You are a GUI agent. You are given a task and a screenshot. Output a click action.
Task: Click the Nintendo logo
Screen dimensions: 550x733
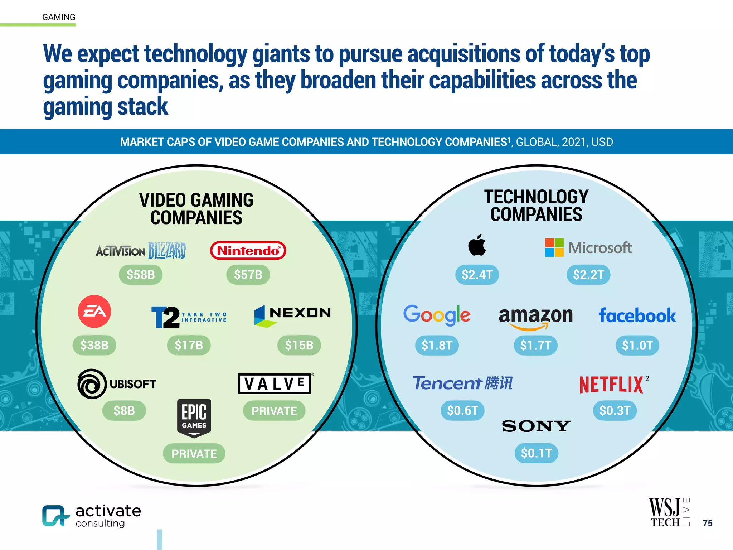coord(248,250)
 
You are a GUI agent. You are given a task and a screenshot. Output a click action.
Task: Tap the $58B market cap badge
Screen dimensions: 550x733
coord(141,275)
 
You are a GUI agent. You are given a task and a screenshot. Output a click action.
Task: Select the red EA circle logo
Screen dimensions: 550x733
coord(94,312)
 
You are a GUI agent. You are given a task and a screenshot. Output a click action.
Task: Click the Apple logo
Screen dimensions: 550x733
coord(477,245)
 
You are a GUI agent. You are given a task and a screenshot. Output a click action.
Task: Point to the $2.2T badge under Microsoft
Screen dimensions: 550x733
coord(588,275)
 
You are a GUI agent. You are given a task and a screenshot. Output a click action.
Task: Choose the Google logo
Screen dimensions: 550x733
coord(437,315)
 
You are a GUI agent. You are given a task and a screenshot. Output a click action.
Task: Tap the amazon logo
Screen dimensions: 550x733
coord(536,317)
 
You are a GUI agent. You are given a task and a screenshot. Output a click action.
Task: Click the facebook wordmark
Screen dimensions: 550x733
coord(637,316)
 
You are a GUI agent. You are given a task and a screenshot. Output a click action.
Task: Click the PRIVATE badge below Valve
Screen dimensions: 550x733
coord(274,411)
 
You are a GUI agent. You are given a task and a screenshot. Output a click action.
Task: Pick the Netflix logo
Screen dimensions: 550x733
coord(612,385)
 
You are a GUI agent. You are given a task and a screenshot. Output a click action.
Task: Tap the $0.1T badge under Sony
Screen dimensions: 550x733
coord(536,453)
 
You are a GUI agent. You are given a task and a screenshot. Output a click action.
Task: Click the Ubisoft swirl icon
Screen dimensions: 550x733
coord(92,384)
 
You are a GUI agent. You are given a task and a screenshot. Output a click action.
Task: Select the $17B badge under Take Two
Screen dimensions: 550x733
coord(189,345)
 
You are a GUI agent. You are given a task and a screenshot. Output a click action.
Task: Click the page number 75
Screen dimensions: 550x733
coord(707,523)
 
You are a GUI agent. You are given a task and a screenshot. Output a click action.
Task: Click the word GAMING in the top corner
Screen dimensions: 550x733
coord(59,17)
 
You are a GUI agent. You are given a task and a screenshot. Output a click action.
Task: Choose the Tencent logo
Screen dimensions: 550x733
coord(462,383)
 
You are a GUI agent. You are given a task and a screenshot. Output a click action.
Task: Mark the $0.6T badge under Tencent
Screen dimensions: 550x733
coord(462,410)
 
